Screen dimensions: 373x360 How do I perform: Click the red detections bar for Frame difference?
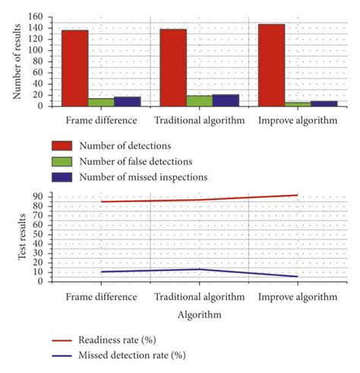74,68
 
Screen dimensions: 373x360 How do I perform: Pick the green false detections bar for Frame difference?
101,102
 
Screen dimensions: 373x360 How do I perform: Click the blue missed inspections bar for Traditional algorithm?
226,100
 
